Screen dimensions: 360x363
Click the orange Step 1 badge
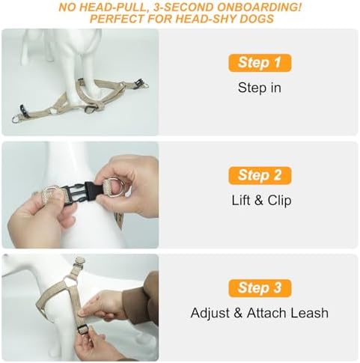260,63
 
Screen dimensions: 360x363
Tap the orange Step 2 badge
260,175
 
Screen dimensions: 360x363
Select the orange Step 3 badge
260,288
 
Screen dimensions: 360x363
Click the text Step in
260,88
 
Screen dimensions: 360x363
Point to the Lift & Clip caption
261,201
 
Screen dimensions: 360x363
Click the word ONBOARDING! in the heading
259,7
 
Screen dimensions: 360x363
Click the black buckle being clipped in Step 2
83,193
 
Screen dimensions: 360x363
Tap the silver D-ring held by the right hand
115,187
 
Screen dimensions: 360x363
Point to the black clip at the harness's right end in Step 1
138,82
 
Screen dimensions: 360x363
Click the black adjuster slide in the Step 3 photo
82,330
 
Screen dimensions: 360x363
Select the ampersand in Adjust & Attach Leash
238,313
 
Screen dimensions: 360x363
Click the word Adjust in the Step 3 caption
210,314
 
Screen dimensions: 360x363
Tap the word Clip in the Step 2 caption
280,201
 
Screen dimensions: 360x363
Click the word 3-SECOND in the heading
183,7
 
